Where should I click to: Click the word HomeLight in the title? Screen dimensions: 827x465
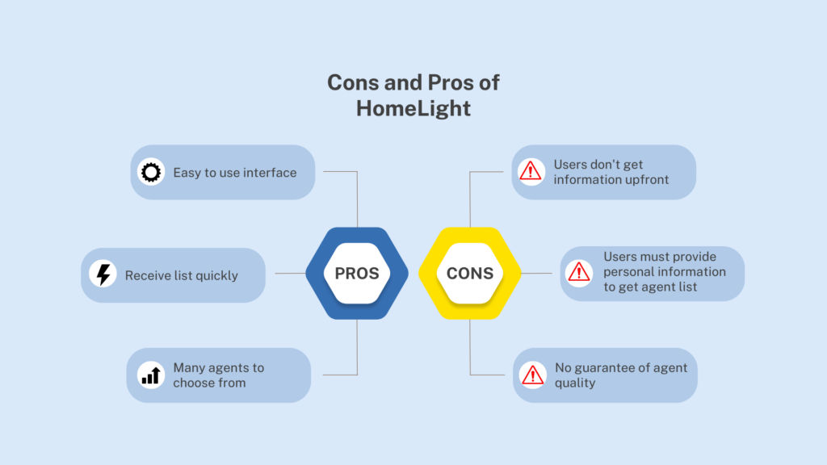[x=413, y=109]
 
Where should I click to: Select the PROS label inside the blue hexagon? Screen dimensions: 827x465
[x=357, y=273]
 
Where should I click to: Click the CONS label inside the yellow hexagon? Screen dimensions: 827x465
[x=470, y=273]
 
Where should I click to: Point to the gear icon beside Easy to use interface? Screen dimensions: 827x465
[x=151, y=172]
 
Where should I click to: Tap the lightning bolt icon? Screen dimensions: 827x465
[x=103, y=274]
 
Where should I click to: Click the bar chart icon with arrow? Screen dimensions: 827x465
[x=151, y=375]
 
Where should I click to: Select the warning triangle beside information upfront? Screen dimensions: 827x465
[x=530, y=171]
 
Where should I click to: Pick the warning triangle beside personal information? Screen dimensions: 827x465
[x=578, y=273]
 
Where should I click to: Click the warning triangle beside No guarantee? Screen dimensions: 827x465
[x=532, y=375]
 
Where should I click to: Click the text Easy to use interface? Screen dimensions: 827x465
[x=235, y=173]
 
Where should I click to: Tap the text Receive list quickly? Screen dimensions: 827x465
[x=182, y=276]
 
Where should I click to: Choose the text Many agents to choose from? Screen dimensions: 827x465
[x=218, y=375]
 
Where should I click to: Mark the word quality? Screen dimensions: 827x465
[x=575, y=383]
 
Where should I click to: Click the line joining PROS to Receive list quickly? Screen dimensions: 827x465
[x=290, y=273]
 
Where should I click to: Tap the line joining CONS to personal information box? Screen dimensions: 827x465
[x=536, y=273]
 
